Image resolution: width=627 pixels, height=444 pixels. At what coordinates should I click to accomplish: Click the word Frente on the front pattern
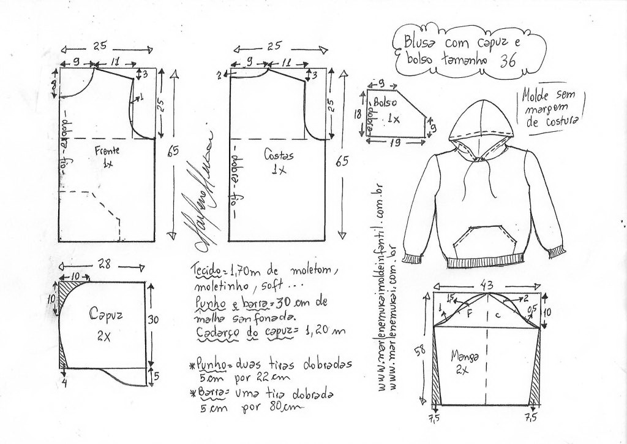(x=108, y=150)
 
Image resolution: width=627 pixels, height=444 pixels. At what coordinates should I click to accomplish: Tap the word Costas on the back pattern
(x=279, y=155)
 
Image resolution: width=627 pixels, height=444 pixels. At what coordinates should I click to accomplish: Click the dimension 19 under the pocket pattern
(x=394, y=144)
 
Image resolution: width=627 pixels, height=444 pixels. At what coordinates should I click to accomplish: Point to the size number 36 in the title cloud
(x=508, y=61)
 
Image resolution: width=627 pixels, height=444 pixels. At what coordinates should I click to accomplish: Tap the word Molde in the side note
(x=535, y=96)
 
